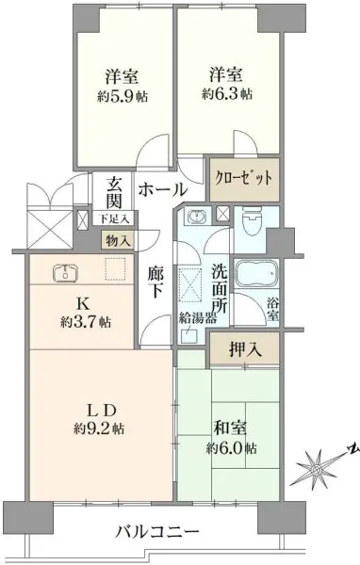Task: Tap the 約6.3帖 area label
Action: (226, 94)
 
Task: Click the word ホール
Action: (163, 190)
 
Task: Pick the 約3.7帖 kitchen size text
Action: (83, 322)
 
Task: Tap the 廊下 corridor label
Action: (156, 282)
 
